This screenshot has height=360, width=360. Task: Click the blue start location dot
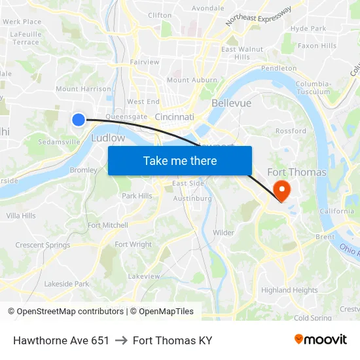[x=78, y=119]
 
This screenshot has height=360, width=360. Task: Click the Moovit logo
[x=320, y=340]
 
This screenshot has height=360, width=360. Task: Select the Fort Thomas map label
[x=297, y=172]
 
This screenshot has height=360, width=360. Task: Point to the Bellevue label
[x=231, y=103]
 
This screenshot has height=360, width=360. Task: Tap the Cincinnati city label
[x=175, y=117]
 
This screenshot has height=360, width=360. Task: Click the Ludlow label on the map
[x=108, y=138]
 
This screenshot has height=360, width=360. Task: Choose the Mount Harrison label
[x=83, y=89]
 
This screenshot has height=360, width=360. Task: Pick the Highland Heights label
[x=289, y=290]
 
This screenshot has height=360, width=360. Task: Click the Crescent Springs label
[x=43, y=245]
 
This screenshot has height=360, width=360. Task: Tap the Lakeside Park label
[x=66, y=284]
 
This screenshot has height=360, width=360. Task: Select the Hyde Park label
[x=308, y=29]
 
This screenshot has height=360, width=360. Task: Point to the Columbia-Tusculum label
[x=313, y=88]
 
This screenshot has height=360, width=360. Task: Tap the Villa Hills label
[x=21, y=215]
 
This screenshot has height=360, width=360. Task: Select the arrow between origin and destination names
[x=121, y=340]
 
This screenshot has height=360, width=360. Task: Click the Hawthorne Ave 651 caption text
[x=61, y=340]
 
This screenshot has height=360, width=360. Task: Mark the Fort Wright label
[x=133, y=245]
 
